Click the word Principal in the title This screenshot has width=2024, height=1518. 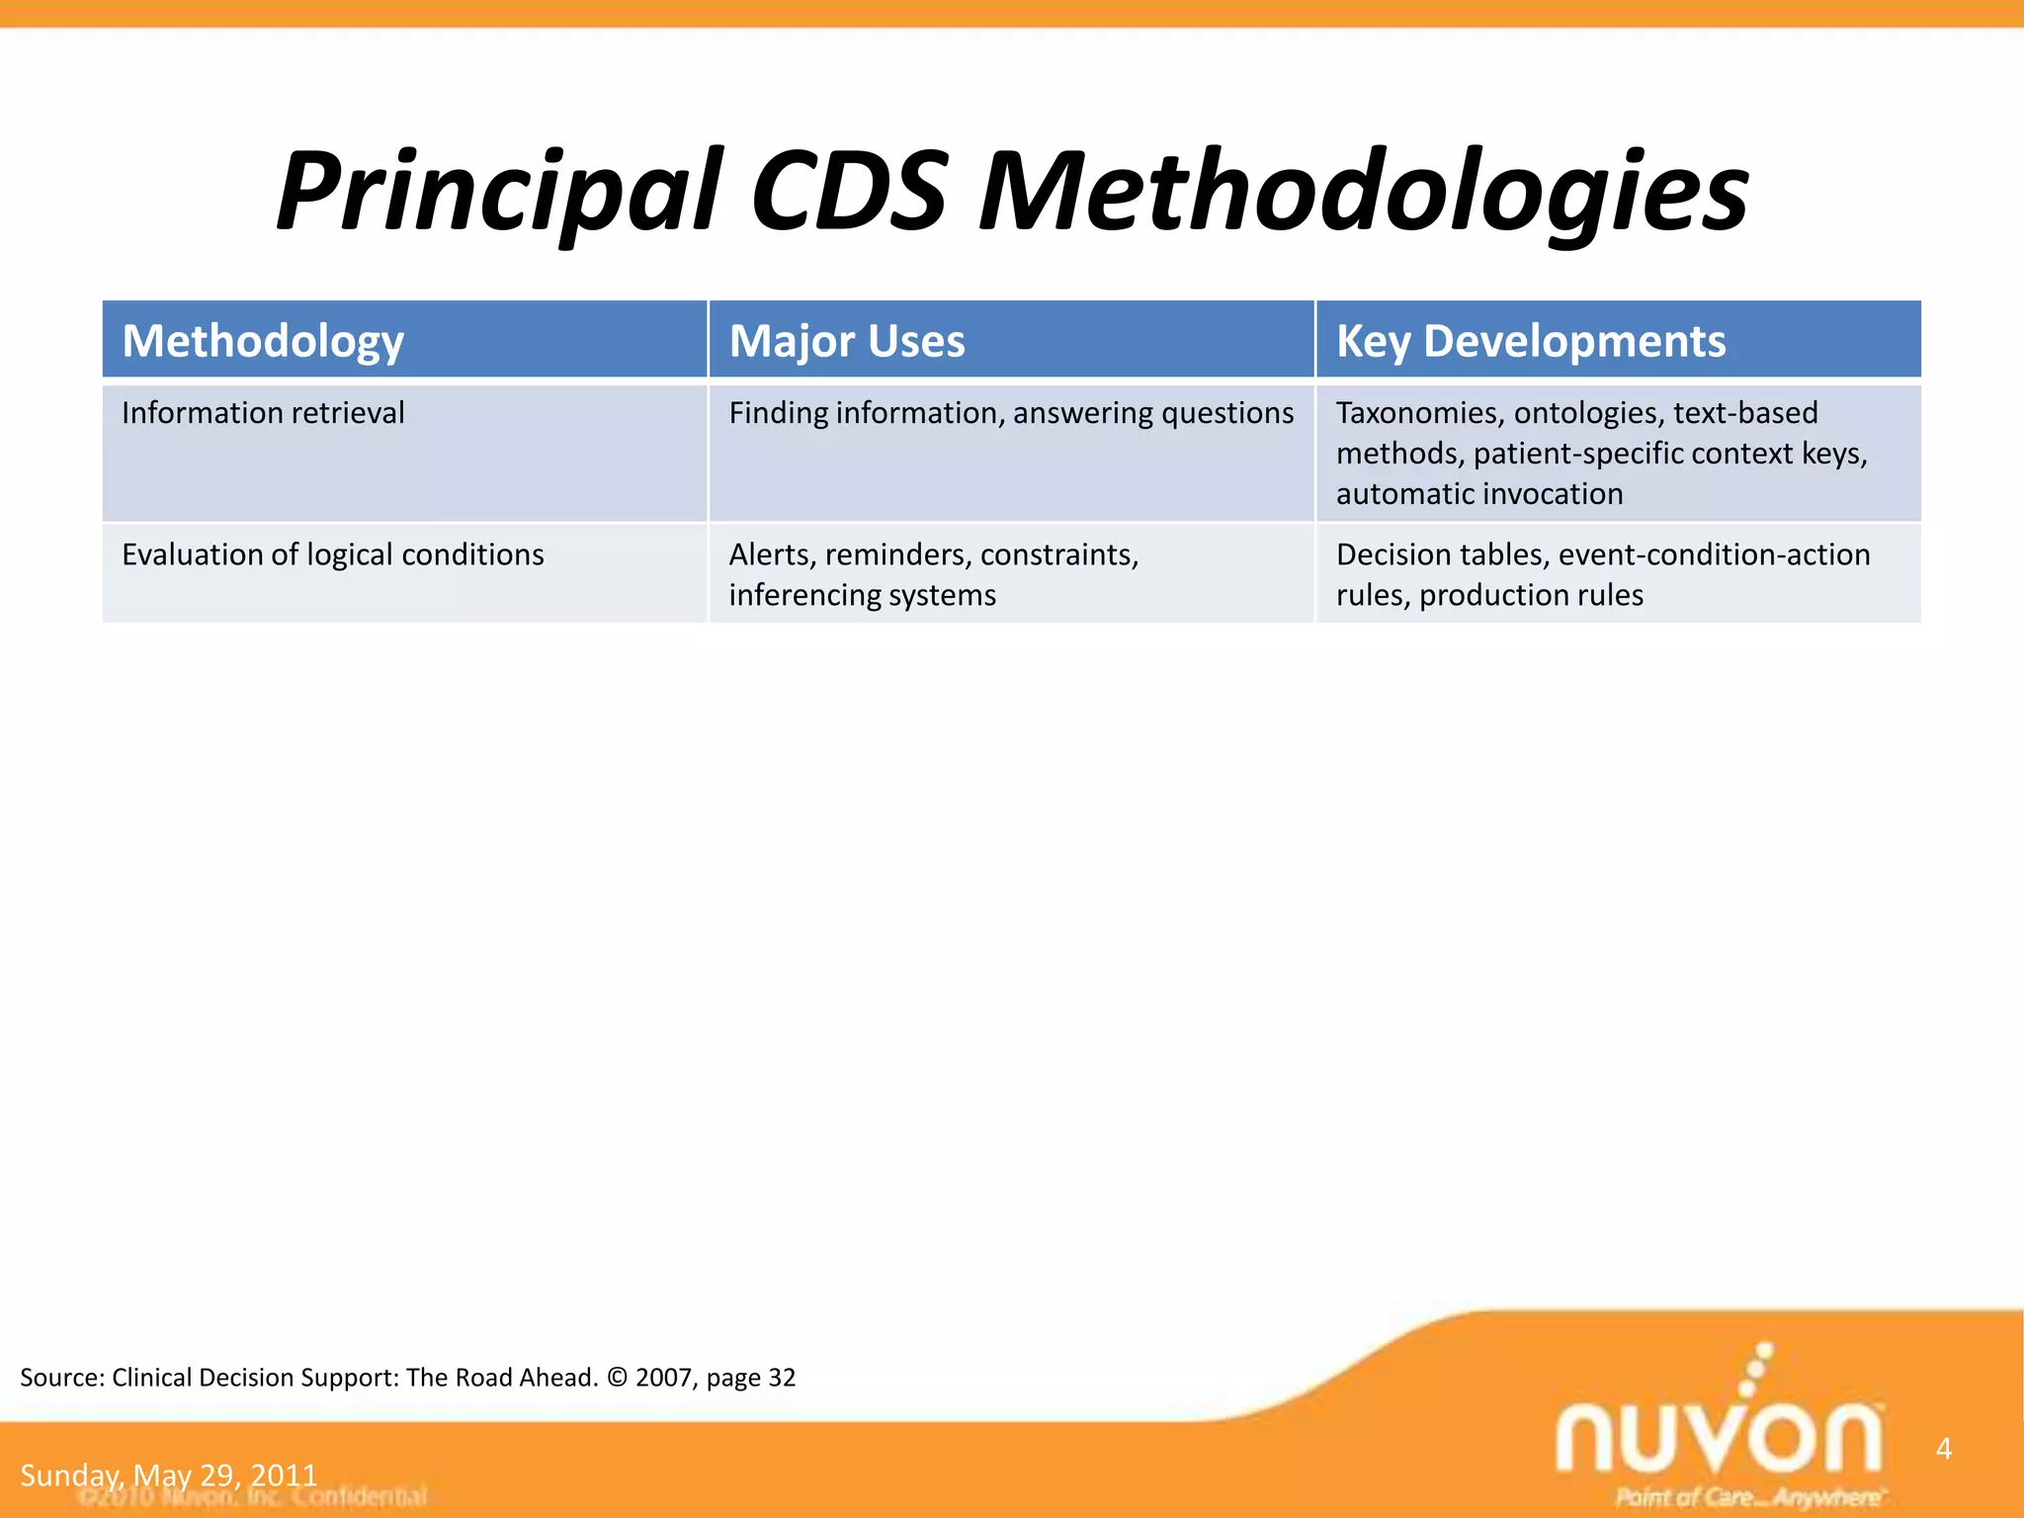499,193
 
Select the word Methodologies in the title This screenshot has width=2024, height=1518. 1364,193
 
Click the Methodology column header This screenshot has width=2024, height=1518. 263,341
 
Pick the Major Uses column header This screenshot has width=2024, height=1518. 847,341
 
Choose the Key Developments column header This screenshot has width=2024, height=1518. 1531,341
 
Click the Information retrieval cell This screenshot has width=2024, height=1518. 263,413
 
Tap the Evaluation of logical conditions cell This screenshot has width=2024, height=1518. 333,554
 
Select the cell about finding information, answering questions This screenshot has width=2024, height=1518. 1011,413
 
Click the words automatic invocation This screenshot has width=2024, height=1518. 1479,494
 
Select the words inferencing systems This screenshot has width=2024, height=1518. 862,595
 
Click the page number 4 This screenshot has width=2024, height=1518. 1943,1449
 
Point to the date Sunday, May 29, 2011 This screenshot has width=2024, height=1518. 168,1476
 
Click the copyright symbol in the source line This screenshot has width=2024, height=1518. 617,1378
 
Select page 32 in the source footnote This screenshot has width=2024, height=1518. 750,1378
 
